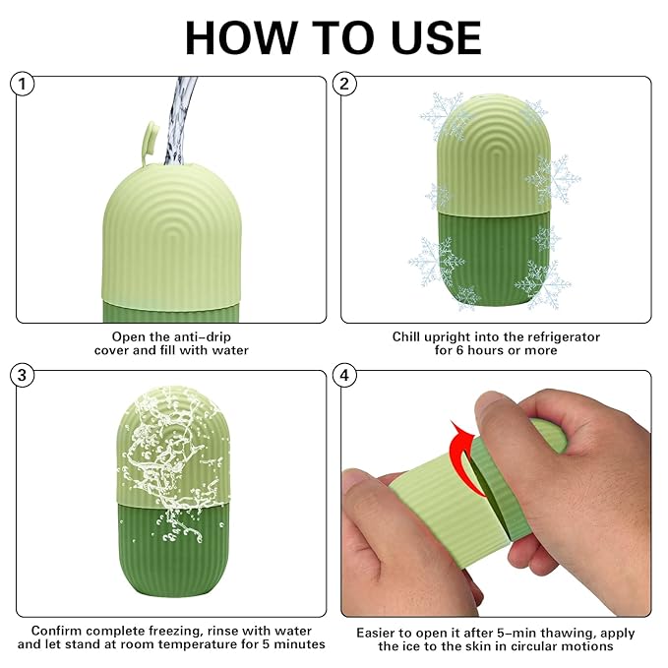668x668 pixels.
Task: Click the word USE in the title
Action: (x=429, y=37)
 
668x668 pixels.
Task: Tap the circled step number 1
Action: (x=24, y=85)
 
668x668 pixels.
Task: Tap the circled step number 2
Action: (x=345, y=85)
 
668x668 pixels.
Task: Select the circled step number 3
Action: (x=24, y=375)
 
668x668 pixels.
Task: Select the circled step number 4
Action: (x=345, y=375)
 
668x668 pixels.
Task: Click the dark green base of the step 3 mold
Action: (x=172, y=551)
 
